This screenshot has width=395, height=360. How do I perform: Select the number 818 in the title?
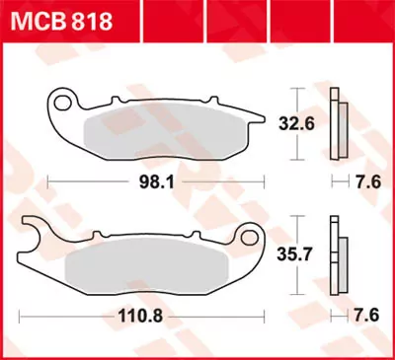[x=89, y=21]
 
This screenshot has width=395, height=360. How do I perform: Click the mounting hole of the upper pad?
[x=65, y=101]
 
